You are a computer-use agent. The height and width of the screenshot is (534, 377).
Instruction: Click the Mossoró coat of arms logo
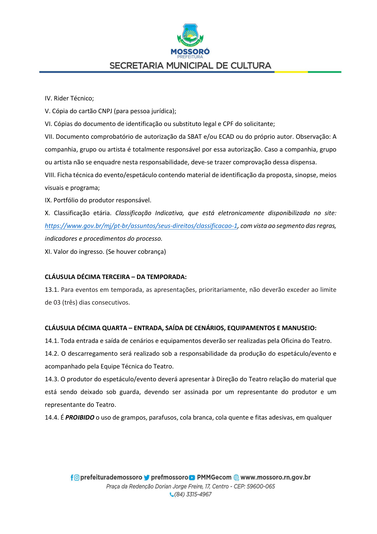190,35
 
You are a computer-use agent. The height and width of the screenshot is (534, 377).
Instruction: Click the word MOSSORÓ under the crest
190,51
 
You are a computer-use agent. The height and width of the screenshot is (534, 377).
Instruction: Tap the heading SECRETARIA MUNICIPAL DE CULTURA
190,65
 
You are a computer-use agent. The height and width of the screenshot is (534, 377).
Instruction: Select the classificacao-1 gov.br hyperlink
141,226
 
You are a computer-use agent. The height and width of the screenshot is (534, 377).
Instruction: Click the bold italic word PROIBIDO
80,417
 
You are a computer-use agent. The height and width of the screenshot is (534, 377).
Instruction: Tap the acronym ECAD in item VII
226,137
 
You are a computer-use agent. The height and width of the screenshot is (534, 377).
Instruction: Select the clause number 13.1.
52,290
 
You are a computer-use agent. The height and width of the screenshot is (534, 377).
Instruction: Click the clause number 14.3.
52,379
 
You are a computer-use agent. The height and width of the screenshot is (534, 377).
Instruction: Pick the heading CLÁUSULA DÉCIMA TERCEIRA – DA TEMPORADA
115,277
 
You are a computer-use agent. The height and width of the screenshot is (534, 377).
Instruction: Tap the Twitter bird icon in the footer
147,478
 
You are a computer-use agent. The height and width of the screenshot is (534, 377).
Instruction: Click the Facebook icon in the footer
72,478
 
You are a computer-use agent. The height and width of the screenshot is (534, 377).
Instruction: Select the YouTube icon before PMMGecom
192,478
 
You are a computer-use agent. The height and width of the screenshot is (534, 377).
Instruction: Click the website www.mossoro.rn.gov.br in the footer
276,477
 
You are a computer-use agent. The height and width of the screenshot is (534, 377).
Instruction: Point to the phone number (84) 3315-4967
193,494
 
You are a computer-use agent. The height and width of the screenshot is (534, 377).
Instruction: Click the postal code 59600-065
261,486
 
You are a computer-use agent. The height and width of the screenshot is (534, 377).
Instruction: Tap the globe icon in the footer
236,478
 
